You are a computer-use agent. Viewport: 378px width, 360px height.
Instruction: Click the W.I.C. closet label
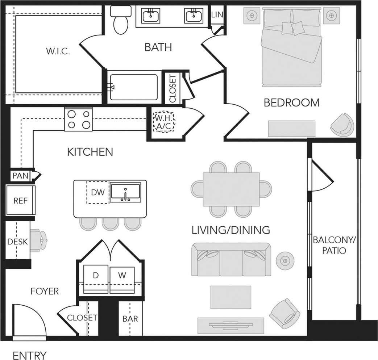[x=58, y=51]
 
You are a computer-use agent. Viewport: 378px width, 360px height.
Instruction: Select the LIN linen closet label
[x=217, y=14]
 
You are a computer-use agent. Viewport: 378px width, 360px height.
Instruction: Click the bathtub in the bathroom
[x=134, y=87]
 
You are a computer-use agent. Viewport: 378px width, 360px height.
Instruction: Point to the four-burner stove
[x=79, y=120]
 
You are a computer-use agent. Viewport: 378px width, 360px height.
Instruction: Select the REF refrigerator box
[x=20, y=200]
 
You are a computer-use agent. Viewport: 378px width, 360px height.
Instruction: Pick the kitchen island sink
[x=125, y=193]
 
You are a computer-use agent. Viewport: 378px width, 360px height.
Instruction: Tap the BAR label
[x=130, y=319]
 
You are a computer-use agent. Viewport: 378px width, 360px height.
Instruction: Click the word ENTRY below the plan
[x=30, y=355]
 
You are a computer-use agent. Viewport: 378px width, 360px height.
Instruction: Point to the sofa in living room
[x=231, y=259]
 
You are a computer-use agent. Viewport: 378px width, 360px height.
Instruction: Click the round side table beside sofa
[x=285, y=260]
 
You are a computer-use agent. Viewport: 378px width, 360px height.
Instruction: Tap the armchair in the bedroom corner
[x=342, y=125]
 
